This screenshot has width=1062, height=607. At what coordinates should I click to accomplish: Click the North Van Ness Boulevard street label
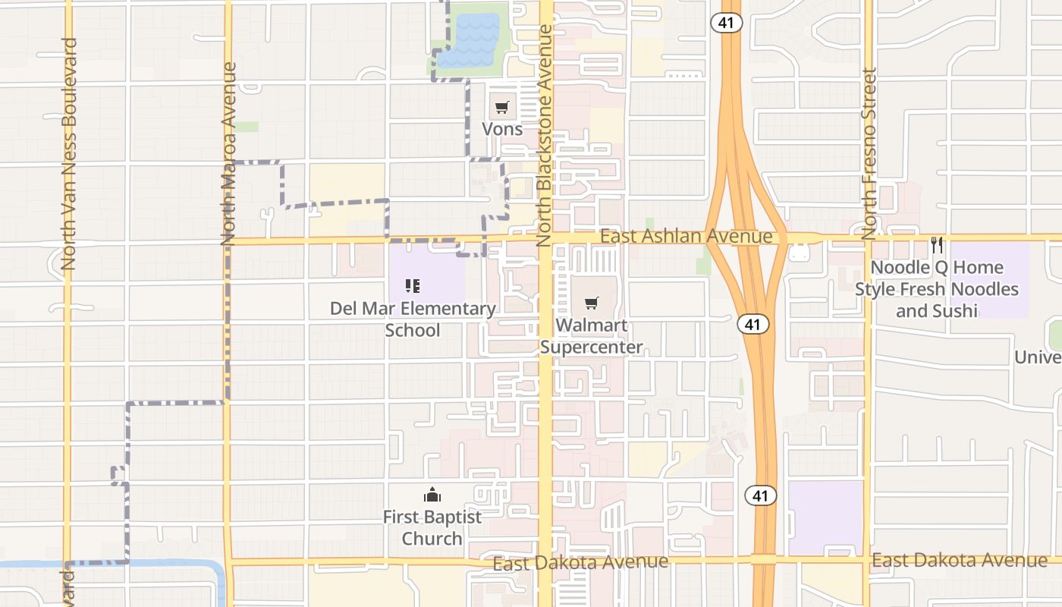pyautogui.click(x=69, y=153)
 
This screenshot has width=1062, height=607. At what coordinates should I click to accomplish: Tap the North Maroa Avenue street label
pyautogui.click(x=229, y=153)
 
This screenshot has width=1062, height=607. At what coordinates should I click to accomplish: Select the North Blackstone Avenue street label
pyautogui.click(x=545, y=135)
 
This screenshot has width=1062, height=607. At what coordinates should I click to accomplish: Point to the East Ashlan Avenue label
pyautogui.click(x=686, y=237)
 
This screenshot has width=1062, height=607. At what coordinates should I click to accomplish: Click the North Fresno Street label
pyautogui.click(x=869, y=153)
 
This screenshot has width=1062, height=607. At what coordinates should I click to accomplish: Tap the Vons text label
pyautogui.click(x=502, y=129)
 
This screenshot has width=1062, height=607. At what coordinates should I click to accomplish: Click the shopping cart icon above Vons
pyautogui.click(x=502, y=108)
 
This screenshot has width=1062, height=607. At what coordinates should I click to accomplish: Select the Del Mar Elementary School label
pyautogui.click(x=413, y=319)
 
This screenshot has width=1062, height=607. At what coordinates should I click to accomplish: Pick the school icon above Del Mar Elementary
pyautogui.click(x=413, y=286)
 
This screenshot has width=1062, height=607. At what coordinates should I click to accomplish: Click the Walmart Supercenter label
pyautogui.click(x=592, y=336)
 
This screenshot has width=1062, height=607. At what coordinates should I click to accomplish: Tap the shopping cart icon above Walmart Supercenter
pyautogui.click(x=592, y=303)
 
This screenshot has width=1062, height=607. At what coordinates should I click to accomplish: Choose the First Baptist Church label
pyautogui.click(x=432, y=527)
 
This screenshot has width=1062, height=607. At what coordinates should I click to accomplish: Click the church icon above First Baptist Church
pyautogui.click(x=432, y=495)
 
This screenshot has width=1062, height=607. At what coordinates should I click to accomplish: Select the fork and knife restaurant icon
pyautogui.click(x=937, y=245)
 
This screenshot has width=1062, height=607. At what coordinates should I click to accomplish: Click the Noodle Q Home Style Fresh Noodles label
pyautogui.click(x=937, y=289)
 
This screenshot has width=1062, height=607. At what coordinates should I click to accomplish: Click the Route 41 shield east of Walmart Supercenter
pyautogui.click(x=753, y=324)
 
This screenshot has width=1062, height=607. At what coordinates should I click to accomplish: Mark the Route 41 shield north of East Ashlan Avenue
pyautogui.click(x=727, y=23)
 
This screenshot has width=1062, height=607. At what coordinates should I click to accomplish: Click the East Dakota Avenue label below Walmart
pyautogui.click(x=580, y=562)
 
